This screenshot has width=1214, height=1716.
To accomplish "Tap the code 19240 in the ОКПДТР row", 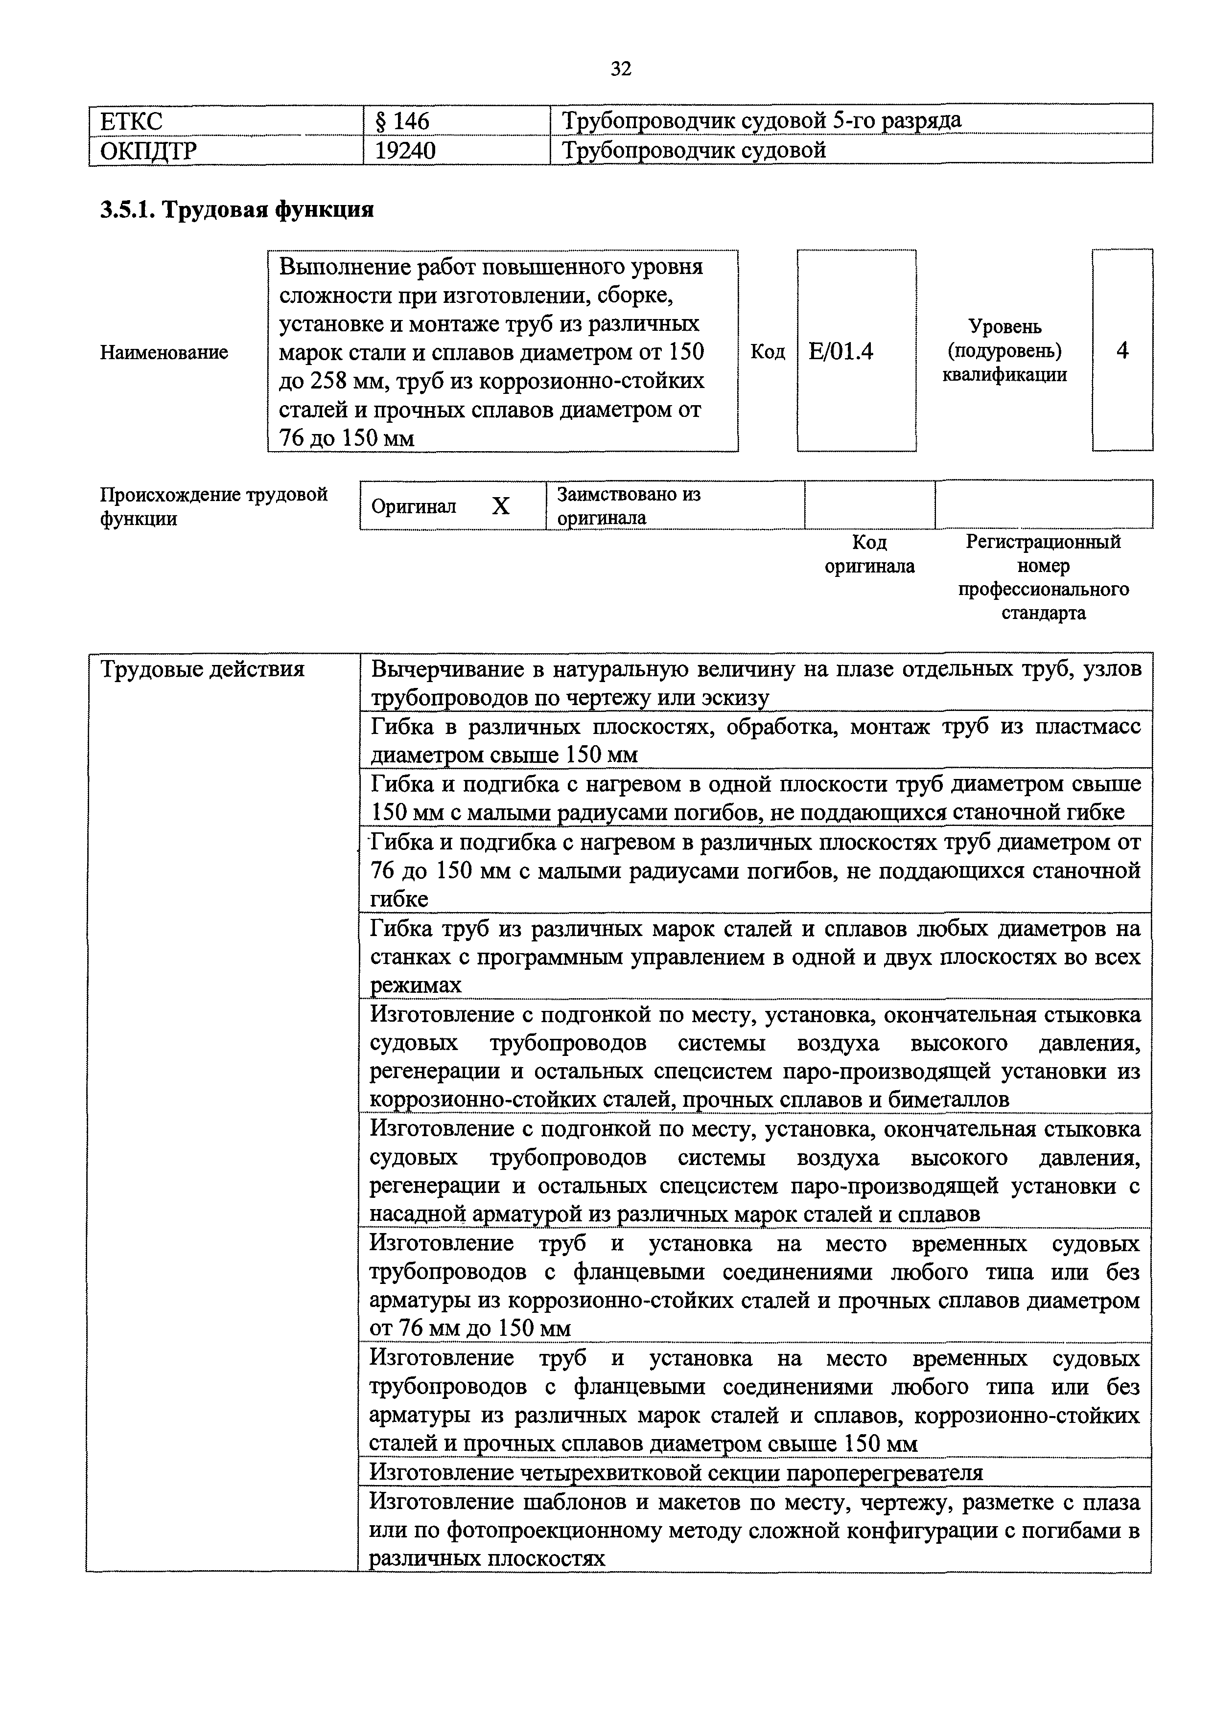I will click(405, 151).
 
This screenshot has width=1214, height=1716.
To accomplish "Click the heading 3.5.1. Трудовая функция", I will click(237, 210).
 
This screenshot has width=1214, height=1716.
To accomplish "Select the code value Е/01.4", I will click(841, 351).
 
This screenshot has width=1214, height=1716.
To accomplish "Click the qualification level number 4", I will click(1122, 350).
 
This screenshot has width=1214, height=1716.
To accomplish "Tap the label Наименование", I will click(163, 352).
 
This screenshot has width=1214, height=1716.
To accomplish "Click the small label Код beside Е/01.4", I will click(768, 352).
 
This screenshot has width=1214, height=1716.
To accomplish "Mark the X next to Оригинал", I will click(500, 507).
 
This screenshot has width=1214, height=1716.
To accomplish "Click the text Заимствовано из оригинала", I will click(628, 506).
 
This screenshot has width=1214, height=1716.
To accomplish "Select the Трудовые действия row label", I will click(203, 669).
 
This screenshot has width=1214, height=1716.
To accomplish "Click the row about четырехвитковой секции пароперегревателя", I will click(677, 1473).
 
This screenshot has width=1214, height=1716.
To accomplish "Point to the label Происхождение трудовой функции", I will click(214, 506).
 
